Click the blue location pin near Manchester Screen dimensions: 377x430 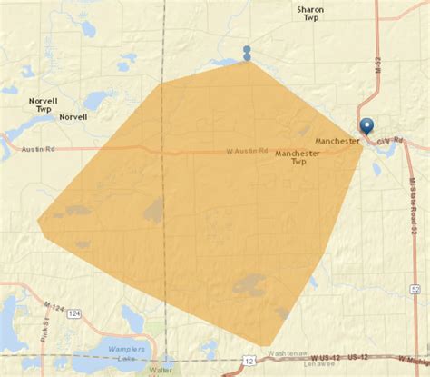366,127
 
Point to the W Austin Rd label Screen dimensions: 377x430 247,151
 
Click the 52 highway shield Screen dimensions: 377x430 415,288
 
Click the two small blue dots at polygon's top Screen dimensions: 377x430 247,54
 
